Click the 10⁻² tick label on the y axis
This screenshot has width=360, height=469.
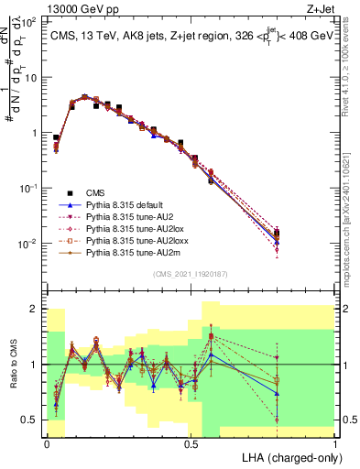tap(28, 244)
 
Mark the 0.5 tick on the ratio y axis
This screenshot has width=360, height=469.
tap(33, 420)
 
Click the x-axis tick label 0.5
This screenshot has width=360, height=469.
tap(191, 444)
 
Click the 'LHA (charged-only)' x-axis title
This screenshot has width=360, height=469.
tap(289, 458)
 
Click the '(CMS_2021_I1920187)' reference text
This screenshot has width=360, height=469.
tap(191, 275)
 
